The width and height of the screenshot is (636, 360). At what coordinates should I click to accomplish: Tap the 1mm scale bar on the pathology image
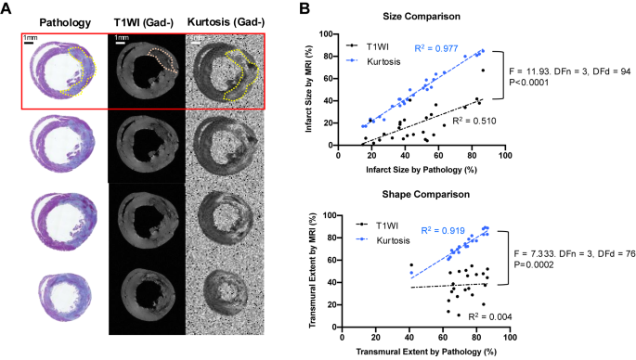pyautogui.click(x=29, y=42)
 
